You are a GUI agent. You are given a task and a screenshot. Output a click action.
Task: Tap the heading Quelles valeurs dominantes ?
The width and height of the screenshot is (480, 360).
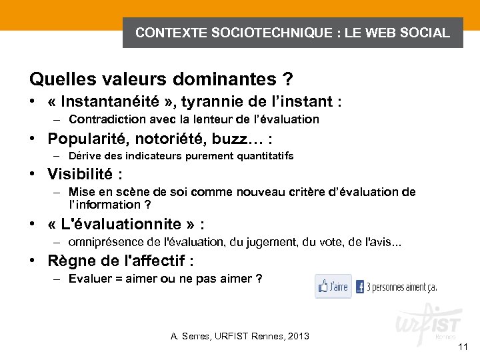(x=161, y=79)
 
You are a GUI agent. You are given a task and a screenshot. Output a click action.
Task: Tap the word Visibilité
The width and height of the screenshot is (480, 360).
(x=81, y=175)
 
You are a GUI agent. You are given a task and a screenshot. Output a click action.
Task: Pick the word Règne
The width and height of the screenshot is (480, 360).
(x=69, y=260)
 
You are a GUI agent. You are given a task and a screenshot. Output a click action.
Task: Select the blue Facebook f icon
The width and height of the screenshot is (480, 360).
(x=360, y=287)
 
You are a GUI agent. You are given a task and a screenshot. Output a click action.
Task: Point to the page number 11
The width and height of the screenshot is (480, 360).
(x=463, y=347)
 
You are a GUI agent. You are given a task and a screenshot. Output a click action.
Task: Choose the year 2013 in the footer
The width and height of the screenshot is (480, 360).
(x=297, y=335)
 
